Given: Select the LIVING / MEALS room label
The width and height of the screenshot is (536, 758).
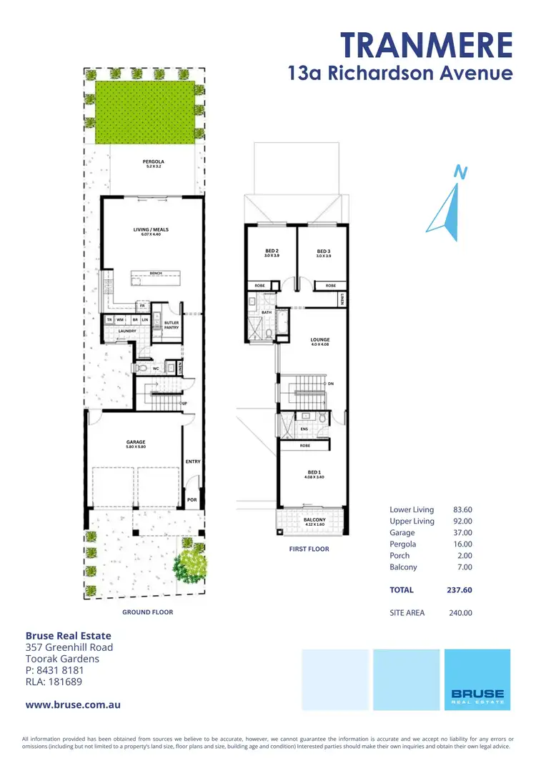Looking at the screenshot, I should [x=150, y=230].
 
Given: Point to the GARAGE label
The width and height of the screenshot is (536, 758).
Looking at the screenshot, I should [x=136, y=442].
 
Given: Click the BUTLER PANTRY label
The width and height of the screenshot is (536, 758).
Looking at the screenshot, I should [x=172, y=325].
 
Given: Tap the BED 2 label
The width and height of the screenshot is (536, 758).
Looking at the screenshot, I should [x=272, y=251].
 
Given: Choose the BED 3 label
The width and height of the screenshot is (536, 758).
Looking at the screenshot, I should [x=324, y=251].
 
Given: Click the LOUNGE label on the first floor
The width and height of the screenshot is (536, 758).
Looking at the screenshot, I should [x=319, y=339].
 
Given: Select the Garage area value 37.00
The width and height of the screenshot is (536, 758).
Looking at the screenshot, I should [x=462, y=532].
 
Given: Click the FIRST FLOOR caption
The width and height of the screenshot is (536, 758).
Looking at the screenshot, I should [x=309, y=549].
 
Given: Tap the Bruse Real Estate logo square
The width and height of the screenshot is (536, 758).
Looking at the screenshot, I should [x=477, y=679].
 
